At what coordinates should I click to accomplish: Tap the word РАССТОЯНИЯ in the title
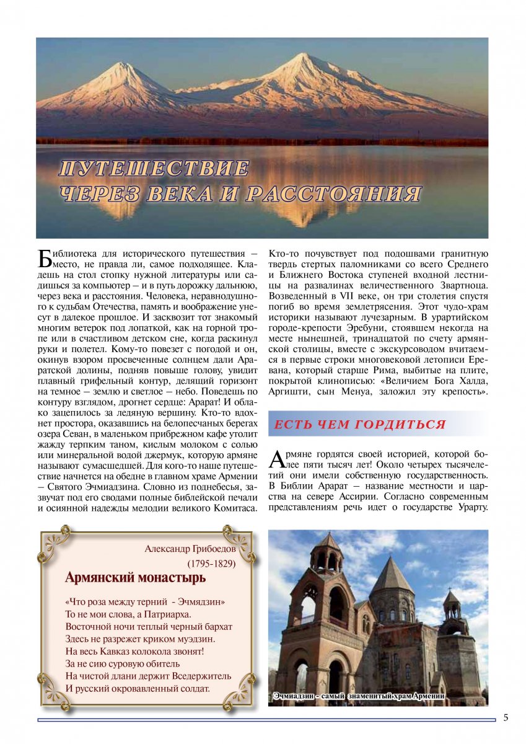(334, 193)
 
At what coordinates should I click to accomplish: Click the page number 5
(506, 718)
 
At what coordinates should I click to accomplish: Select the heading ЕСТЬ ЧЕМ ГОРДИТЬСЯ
(360, 425)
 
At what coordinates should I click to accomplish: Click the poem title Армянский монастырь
(135, 578)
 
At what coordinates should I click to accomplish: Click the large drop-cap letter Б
(44, 258)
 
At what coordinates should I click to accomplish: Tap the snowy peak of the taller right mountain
(303, 57)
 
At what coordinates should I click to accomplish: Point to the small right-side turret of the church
(452, 604)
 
